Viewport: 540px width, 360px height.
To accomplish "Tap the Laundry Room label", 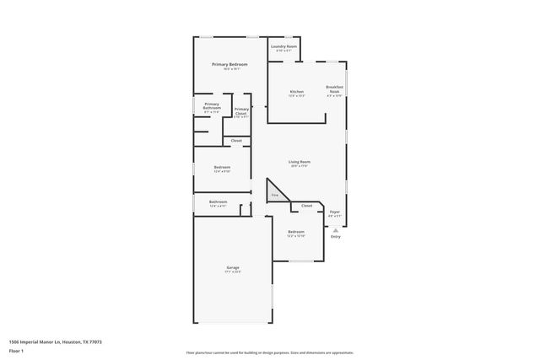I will tap(283, 46).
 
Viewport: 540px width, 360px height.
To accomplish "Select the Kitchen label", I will tap(296, 91).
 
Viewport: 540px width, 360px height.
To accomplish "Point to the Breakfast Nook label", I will tap(335, 89).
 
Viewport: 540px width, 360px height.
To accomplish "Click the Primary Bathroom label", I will tap(211, 105).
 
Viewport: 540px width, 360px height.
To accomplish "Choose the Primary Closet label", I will tap(241, 110).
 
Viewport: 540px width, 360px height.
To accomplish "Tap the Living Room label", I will tap(300, 161).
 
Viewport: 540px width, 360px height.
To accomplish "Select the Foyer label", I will tap(335, 212).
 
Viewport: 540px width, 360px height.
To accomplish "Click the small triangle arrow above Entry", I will tap(336, 228).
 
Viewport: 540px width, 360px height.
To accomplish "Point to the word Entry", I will tap(336, 237).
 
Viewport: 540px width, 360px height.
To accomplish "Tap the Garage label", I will tap(232, 267).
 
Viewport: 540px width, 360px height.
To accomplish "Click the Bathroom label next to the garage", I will tap(219, 201).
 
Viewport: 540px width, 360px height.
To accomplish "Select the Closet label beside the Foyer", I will tap(306, 206).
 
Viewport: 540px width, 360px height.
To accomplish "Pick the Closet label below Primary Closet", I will tap(236, 140).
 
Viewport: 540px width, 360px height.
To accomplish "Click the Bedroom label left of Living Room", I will tap(220, 167).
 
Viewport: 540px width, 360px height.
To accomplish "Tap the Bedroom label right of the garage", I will tap(295, 232).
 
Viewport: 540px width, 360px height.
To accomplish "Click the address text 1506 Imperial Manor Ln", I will tap(42, 341).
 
